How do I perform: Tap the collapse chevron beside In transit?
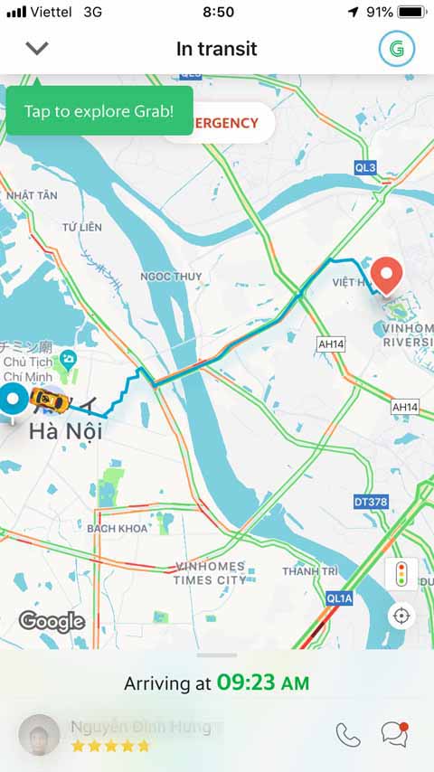pyautogui.click(x=37, y=48)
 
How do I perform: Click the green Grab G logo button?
pyautogui.click(x=397, y=48)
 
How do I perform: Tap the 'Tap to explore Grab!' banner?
pyautogui.click(x=99, y=111)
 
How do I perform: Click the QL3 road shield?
pyautogui.click(x=365, y=167)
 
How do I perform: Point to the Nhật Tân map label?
pyautogui.click(x=32, y=195)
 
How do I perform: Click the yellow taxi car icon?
pyautogui.click(x=46, y=398)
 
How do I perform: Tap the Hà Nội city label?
pyautogui.click(x=64, y=431)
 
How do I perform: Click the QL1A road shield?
pyautogui.click(x=339, y=598)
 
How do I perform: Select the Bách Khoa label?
pyautogui.click(x=118, y=527)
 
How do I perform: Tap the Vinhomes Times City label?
pyautogui.click(x=210, y=573)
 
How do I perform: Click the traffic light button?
pyautogui.click(x=401, y=574)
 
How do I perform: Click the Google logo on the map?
pyautogui.click(x=52, y=621)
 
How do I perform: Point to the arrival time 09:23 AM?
pyautogui.click(x=262, y=683)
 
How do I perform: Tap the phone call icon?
pyautogui.click(x=348, y=734)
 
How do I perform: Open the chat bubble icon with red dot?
pyautogui.click(x=393, y=733)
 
